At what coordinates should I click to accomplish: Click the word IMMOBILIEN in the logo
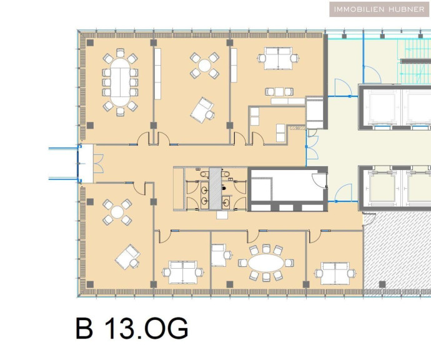click(359, 9)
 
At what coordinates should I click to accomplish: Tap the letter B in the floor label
click(84, 328)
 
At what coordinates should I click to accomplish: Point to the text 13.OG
click(147, 328)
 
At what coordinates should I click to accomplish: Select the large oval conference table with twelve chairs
click(120, 82)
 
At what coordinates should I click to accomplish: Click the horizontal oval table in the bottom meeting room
click(266, 263)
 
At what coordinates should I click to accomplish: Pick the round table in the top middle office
click(204, 66)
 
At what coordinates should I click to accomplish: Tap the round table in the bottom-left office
click(117, 212)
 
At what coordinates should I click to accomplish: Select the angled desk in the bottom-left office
click(126, 256)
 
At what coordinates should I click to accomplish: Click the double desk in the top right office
click(278, 58)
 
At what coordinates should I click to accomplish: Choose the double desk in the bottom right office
click(335, 273)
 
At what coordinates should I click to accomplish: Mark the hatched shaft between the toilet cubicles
click(215, 189)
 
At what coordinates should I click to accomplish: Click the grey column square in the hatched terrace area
click(382, 284)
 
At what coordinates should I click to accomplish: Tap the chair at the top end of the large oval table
click(120, 52)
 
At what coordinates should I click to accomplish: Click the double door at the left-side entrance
click(98, 164)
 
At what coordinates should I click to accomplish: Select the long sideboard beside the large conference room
click(157, 74)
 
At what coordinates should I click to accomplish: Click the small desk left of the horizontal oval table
click(218, 256)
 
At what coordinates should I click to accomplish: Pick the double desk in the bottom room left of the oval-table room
click(183, 272)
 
